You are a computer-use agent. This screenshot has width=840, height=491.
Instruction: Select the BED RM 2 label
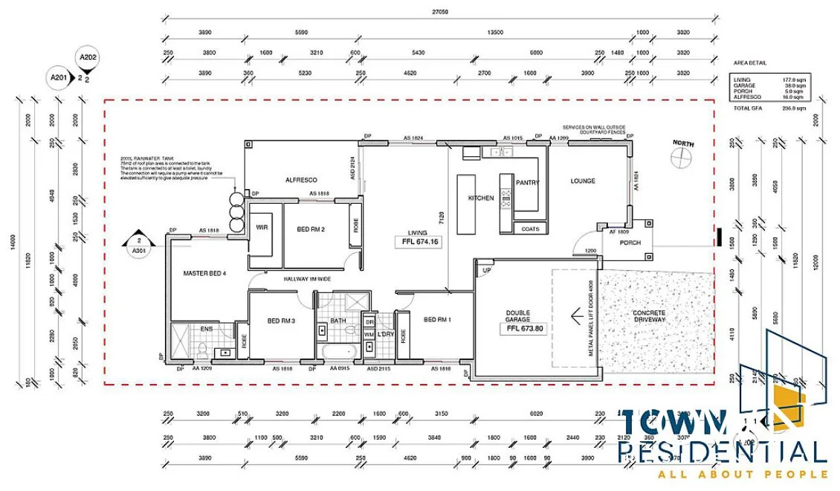click(x=310, y=229)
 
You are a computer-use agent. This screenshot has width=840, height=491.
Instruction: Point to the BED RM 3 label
click(x=282, y=321)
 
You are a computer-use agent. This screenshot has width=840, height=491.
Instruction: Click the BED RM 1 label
click(x=438, y=319)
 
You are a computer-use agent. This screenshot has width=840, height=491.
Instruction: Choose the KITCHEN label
click(x=481, y=199)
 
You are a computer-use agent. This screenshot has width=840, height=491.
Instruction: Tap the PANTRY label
click(x=527, y=182)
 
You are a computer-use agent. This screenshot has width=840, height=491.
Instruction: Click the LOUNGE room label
click(x=584, y=181)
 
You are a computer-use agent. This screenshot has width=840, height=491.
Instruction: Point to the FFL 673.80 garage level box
click(x=526, y=327)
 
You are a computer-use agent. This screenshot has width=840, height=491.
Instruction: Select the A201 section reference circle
click(x=58, y=77)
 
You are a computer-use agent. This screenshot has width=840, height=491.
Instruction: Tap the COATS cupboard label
click(x=530, y=229)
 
